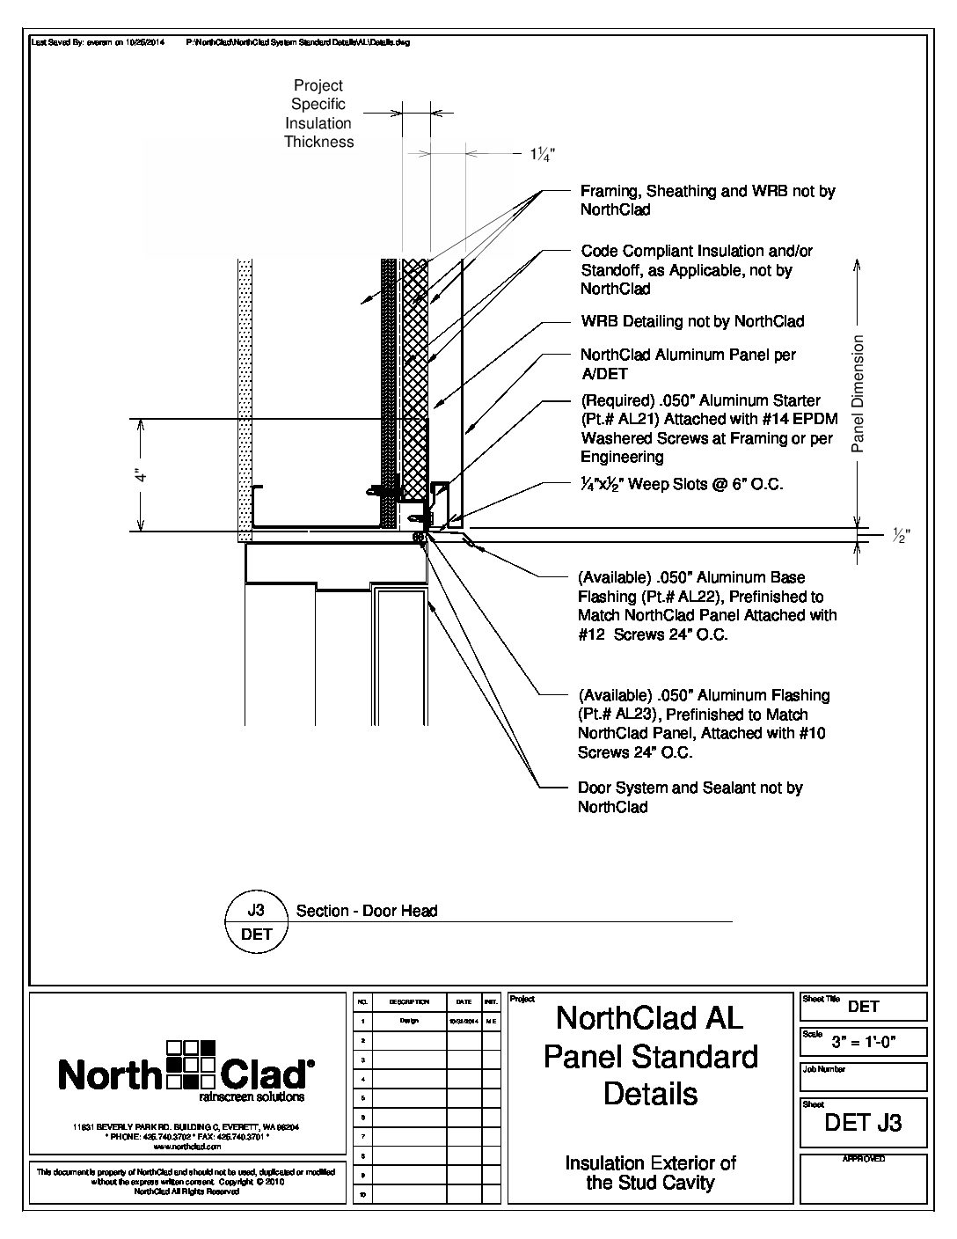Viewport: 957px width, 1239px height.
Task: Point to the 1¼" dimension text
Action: (x=542, y=154)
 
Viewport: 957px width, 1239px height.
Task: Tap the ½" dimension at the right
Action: (x=901, y=534)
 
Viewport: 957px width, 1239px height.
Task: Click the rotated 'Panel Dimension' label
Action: (x=858, y=393)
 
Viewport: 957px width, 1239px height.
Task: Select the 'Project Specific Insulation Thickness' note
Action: (x=318, y=114)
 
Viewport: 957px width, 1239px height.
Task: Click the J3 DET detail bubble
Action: (x=257, y=922)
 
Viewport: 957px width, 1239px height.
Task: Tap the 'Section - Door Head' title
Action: (x=367, y=912)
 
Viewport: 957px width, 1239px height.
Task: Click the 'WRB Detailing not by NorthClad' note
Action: (x=692, y=322)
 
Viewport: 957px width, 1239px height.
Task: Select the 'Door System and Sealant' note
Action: (x=690, y=797)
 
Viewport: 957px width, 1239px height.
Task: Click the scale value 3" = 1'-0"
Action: (x=876, y=1044)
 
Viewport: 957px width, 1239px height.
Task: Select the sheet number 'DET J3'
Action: (x=863, y=1123)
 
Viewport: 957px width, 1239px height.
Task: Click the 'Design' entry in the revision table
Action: (x=408, y=1021)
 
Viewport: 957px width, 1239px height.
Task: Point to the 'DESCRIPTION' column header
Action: (x=408, y=1002)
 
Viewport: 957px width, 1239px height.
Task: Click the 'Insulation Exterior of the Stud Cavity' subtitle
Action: (x=650, y=1173)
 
